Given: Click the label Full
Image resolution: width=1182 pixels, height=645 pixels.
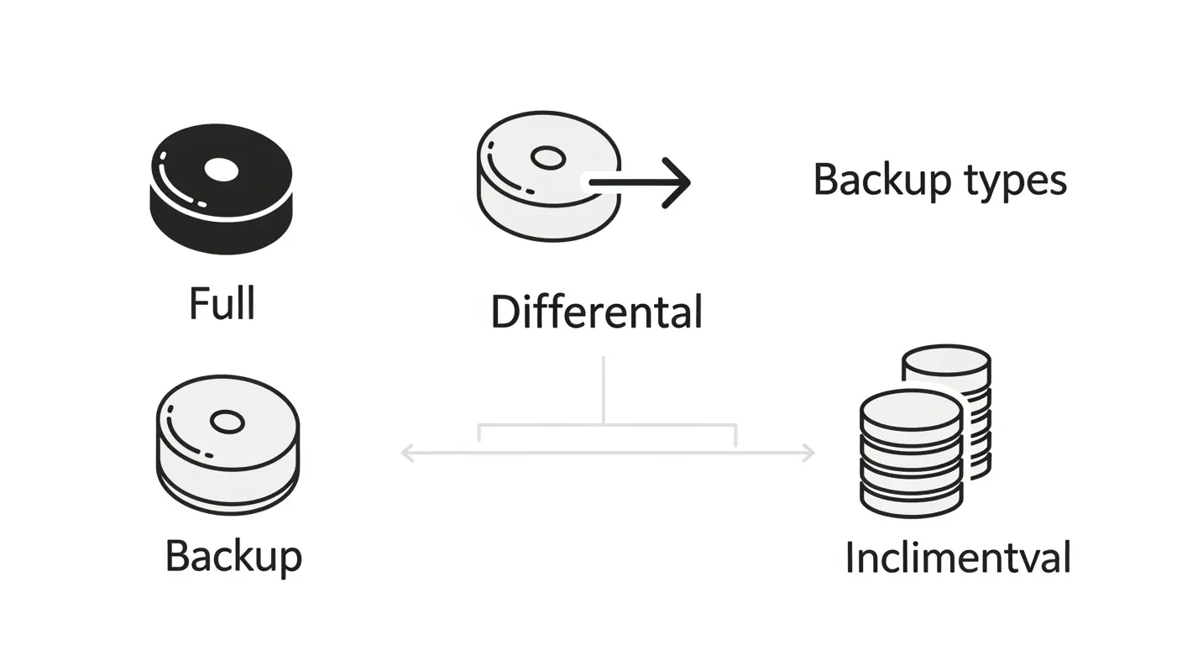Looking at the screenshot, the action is pyautogui.click(x=222, y=303).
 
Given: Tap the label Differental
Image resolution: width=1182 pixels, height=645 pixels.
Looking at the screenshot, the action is pyautogui.click(x=597, y=312).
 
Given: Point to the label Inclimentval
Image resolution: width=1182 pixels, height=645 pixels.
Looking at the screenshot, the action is pyautogui.click(x=958, y=558).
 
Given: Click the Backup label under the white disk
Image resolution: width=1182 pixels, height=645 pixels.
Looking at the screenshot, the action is pyautogui.click(x=233, y=558).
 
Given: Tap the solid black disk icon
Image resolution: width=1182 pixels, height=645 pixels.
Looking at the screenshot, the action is pyautogui.click(x=222, y=189).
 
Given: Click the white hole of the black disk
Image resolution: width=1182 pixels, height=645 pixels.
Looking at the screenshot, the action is pyautogui.click(x=222, y=170).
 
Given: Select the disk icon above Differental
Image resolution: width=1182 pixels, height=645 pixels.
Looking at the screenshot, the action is pyautogui.click(x=549, y=176).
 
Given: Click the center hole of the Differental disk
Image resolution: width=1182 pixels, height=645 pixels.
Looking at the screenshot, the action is pyautogui.click(x=548, y=158).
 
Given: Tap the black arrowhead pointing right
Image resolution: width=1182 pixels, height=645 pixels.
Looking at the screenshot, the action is pyautogui.click(x=677, y=182).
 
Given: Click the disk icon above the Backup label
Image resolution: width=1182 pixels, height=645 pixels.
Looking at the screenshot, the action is pyautogui.click(x=228, y=445).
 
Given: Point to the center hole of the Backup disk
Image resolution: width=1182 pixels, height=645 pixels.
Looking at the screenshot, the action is pyautogui.click(x=228, y=422).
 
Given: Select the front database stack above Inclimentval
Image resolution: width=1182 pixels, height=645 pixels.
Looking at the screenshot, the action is pyautogui.click(x=912, y=454).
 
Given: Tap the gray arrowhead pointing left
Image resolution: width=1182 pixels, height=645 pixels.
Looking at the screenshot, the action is pyautogui.click(x=407, y=453).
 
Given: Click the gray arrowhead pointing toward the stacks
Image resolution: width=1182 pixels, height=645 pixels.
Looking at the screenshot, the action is pyautogui.click(x=808, y=453).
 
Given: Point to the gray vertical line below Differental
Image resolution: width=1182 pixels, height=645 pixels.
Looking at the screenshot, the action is pyautogui.click(x=603, y=390).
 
